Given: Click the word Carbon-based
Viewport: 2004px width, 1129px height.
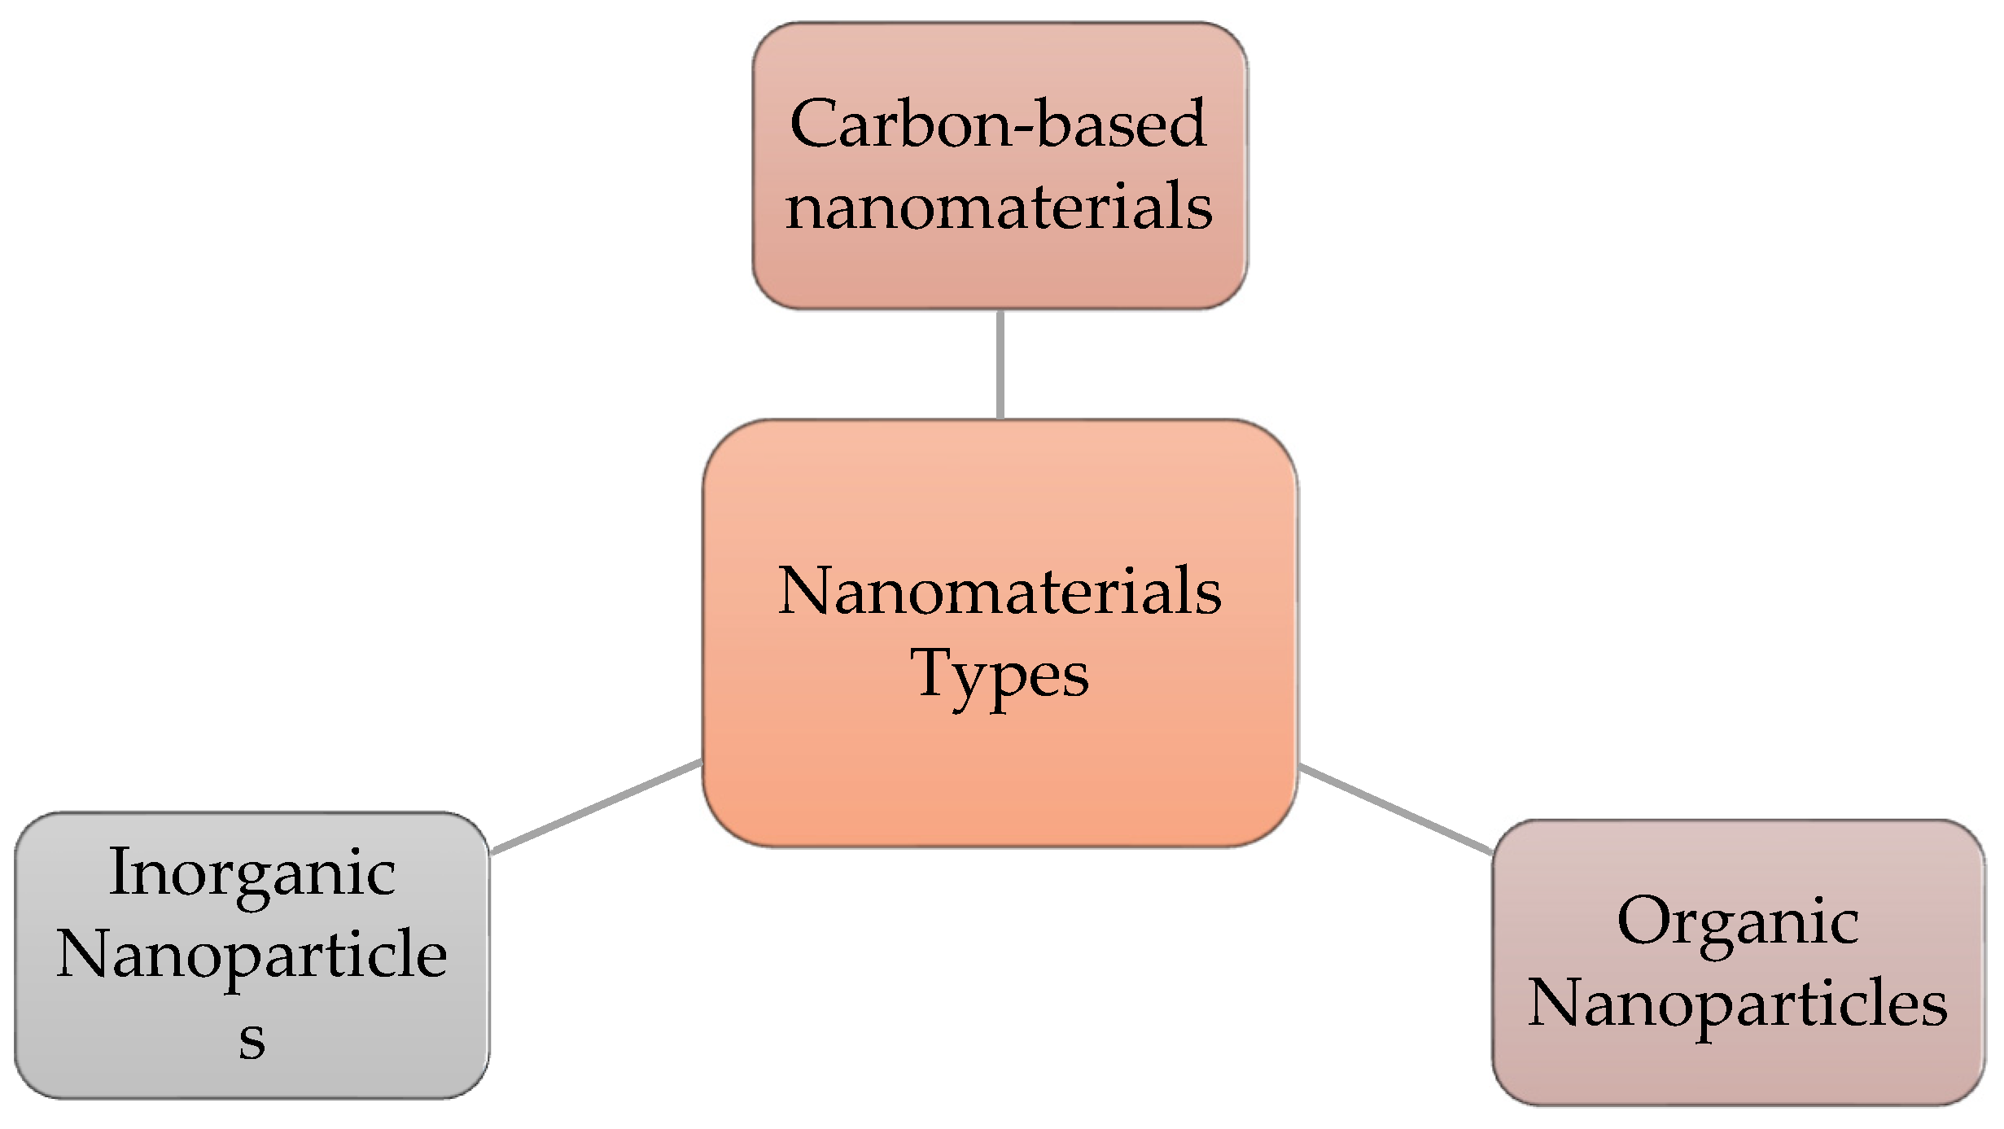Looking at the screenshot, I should coord(998,124).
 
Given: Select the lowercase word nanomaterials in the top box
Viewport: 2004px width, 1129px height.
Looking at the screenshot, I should coord(1000,206).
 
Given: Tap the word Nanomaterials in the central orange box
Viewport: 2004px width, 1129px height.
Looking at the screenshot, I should coord(1000,591).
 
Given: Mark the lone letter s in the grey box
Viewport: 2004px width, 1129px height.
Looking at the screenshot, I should coord(252,1039).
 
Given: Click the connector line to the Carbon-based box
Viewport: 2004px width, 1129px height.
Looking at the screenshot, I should coord(1000,364).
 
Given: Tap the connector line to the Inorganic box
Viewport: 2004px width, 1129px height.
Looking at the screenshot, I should coord(597,807).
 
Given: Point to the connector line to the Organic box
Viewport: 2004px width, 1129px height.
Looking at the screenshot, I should coord(1394,809).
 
